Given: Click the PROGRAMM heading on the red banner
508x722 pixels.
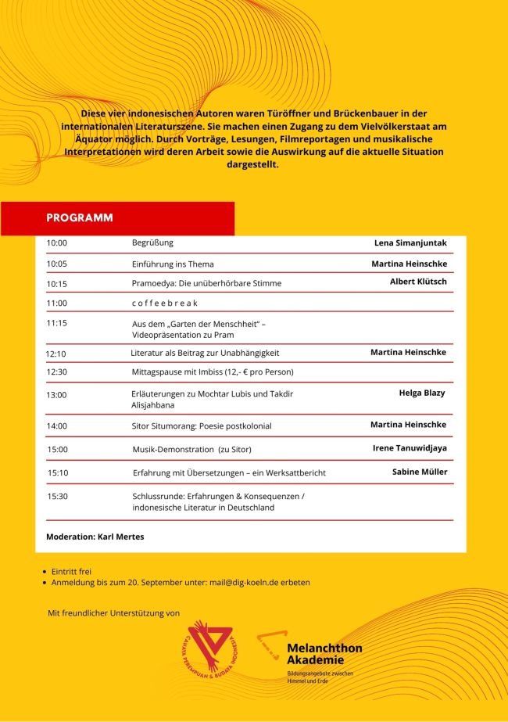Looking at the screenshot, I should pos(80,217).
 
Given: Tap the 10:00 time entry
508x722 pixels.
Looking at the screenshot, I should pos(57,243).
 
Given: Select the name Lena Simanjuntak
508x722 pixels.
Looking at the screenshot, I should pos(410,243).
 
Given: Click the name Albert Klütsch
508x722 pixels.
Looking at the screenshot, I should pos(418,282).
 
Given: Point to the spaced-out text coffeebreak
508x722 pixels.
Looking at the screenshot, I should pos(164,303).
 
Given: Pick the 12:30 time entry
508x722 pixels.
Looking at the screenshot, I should pos(57,372).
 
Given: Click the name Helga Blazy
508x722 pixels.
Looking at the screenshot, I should pos(421,393).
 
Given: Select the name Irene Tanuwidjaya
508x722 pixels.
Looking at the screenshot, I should pos(410,448).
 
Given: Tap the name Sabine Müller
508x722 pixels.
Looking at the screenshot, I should pos(420,472).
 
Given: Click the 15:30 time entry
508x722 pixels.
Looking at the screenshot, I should pos(58,496).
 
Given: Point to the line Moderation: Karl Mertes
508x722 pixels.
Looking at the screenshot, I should pos(95,537).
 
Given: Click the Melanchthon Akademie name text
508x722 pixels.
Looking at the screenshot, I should pos(324,654).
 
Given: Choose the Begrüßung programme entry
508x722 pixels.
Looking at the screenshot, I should pos(152,242).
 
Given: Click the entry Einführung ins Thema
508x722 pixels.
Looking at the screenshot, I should pos(173,264).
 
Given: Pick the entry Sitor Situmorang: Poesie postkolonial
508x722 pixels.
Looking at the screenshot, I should pos(202,426).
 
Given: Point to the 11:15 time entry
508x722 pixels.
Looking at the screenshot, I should pos(57,322).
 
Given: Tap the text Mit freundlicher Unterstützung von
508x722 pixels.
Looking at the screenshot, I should pos(114,612).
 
